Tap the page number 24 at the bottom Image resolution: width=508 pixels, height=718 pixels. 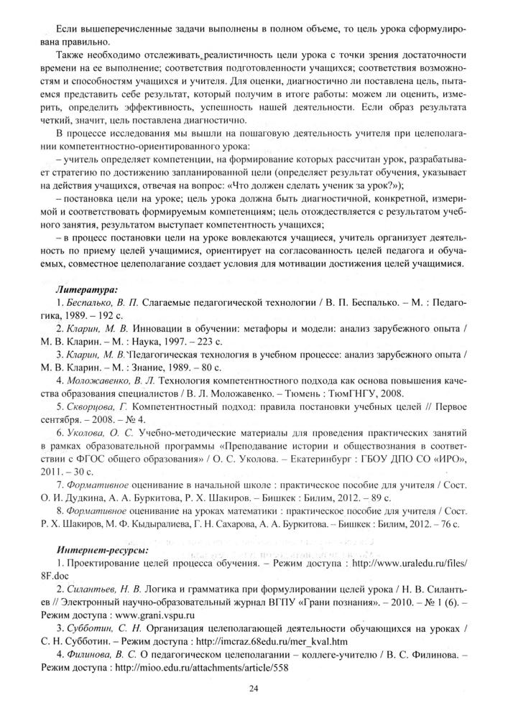tap(253, 690)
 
